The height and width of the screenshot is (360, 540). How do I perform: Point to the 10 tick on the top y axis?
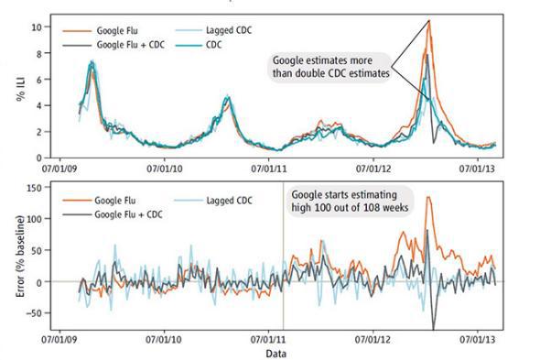(37, 27)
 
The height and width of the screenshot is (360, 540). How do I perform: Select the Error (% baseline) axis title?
(11, 250)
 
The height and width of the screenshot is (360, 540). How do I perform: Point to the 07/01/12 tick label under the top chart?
(376, 168)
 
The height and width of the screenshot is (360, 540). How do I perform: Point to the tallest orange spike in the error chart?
(428, 197)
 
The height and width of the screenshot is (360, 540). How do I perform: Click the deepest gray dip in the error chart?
(433, 328)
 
